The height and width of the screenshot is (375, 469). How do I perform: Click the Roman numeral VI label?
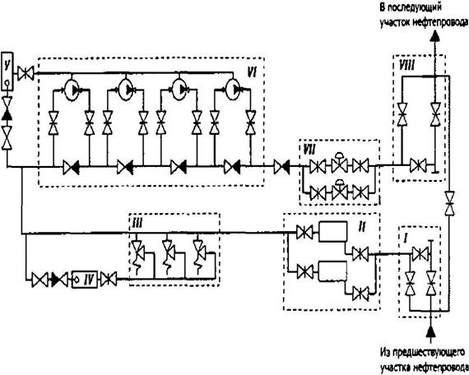coord(252,72)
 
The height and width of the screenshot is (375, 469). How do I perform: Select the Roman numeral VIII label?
coord(407,66)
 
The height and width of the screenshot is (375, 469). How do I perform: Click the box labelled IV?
coord(85,280)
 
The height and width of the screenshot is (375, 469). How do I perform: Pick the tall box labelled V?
coord(7,72)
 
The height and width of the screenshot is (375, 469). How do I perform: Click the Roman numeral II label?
coord(361,228)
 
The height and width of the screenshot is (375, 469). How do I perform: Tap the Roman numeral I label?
coord(406,238)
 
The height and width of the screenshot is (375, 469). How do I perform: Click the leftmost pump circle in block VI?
coord(72,89)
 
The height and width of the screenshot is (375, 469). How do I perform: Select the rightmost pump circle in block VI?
coord(233,89)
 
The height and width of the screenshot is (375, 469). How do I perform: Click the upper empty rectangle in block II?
coord(332,231)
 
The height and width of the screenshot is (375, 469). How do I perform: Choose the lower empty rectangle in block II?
coord(332,271)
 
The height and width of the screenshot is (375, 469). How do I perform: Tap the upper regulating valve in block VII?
coord(340,163)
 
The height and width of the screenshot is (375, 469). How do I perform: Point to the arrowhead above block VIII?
coord(435,36)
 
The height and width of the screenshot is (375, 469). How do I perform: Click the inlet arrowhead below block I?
coord(430,332)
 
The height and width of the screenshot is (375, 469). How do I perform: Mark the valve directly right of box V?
coord(26,73)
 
